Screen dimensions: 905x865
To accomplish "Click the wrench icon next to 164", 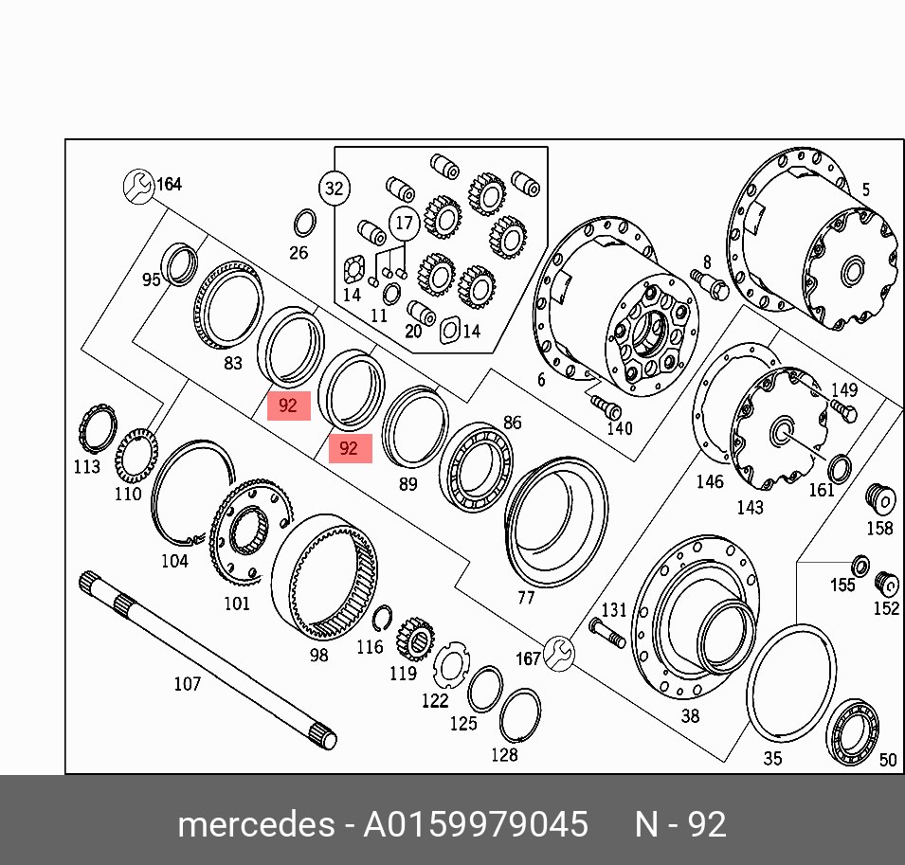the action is [138, 186].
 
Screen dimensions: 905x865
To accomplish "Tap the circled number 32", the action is [335, 189].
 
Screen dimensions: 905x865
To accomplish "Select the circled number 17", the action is [405, 223].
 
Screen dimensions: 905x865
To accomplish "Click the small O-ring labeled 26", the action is [304, 224].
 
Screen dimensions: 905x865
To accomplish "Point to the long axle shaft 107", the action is [208, 660].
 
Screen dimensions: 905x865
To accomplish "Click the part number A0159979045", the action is [475, 823].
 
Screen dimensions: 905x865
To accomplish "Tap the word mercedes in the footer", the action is [256, 824].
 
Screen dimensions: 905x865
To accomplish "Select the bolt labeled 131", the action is [607, 633].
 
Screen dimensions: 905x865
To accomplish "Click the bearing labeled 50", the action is [853, 731].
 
